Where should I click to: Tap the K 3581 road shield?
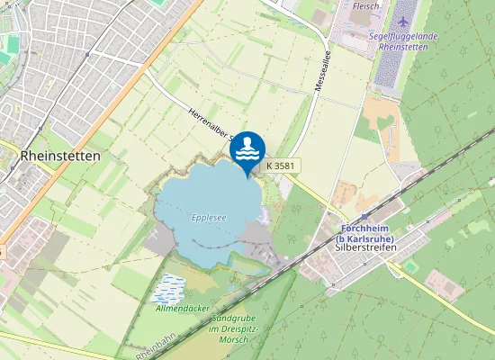click(281, 166)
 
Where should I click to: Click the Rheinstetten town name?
click(59, 155)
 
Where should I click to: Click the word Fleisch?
click(365, 5)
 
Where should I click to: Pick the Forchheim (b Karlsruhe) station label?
click(367, 233)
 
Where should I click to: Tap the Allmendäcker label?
click(182, 309)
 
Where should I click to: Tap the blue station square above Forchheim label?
click(365, 216)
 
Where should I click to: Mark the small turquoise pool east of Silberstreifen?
click(411, 266)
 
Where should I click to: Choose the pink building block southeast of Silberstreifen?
click(445, 283)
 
